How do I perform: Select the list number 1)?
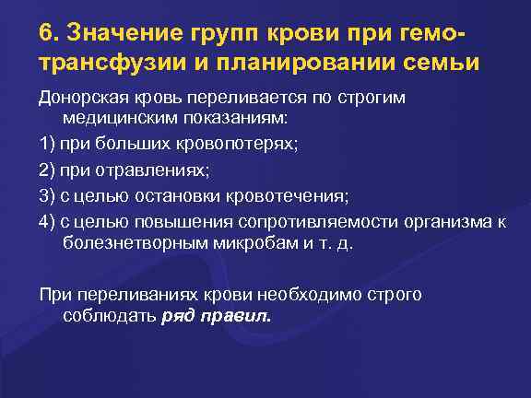47,146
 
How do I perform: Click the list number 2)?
47,171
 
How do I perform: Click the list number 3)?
47,196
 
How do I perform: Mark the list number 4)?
47,221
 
